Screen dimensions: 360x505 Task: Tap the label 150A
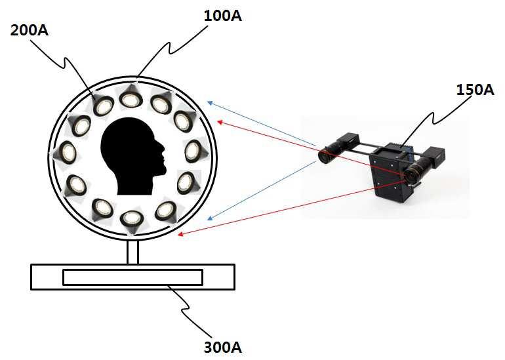(x=475, y=90)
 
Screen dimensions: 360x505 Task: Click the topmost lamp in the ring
(x=131, y=99)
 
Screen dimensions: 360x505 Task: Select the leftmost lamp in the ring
(x=67, y=153)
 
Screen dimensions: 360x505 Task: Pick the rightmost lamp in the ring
(x=193, y=150)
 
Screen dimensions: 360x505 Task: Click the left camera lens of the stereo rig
(x=325, y=155)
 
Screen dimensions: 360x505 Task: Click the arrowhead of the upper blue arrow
(x=209, y=102)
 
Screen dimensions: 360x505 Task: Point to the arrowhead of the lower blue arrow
(x=209, y=218)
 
